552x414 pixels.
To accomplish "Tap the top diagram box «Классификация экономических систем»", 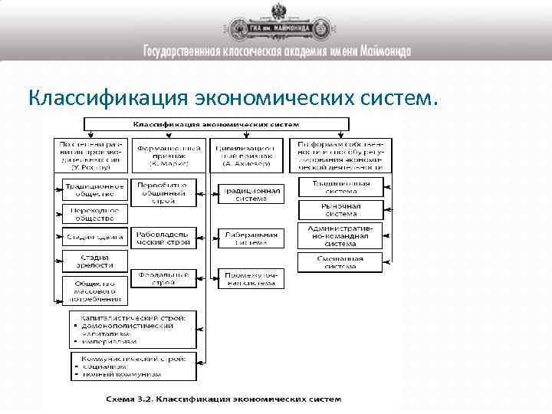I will [x=216, y=124].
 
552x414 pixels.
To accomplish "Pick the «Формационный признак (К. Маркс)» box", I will [x=169, y=154].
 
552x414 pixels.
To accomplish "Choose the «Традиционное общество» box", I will [x=94, y=189].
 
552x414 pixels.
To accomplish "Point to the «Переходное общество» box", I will [x=94, y=212].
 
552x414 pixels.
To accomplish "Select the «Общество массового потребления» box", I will [x=94, y=288].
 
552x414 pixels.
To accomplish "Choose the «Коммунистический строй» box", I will [x=133, y=366].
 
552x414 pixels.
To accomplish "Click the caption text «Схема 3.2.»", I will [x=129, y=399].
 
